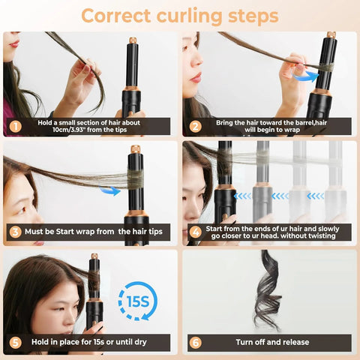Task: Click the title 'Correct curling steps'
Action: pos(179,15)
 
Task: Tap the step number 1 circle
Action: pos(15,125)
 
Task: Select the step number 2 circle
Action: pos(195,125)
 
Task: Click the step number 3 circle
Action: pos(15,232)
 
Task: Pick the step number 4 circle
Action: pos(195,232)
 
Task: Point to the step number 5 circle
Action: pos(15,342)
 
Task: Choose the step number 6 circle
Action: pos(195,342)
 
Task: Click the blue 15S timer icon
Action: pos(138,300)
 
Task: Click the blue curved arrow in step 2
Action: pos(303,74)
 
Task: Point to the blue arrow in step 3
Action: pos(110,190)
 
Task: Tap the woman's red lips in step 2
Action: pos(196,76)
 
